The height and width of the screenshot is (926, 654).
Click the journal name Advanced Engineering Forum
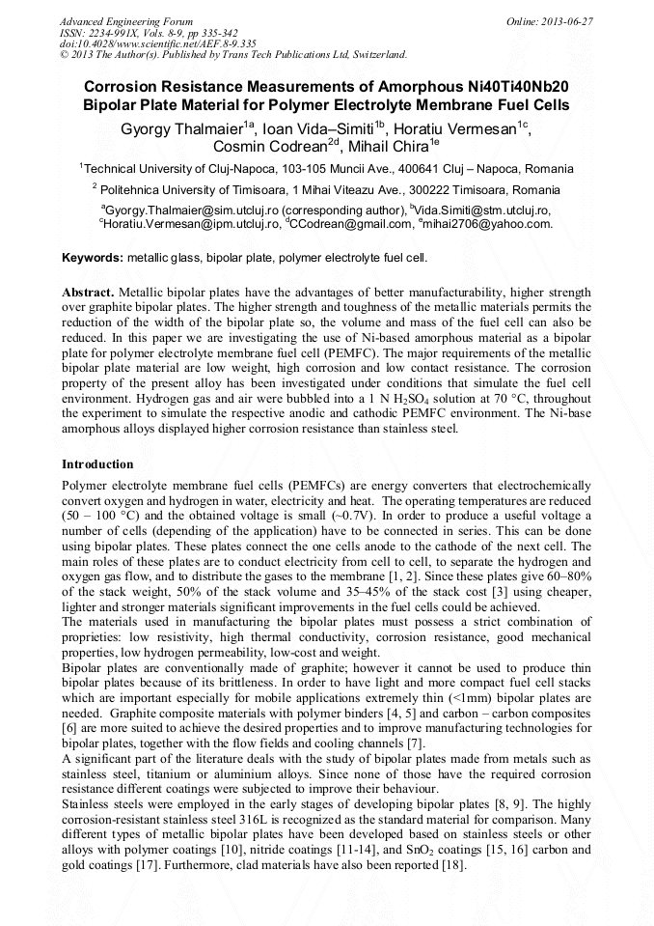click(x=125, y=21)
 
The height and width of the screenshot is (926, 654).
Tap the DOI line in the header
click(x=157, y=43)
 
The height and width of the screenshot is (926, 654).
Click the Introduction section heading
click(x=97, y=464)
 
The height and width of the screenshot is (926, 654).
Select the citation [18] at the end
click(x=451, y=866)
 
